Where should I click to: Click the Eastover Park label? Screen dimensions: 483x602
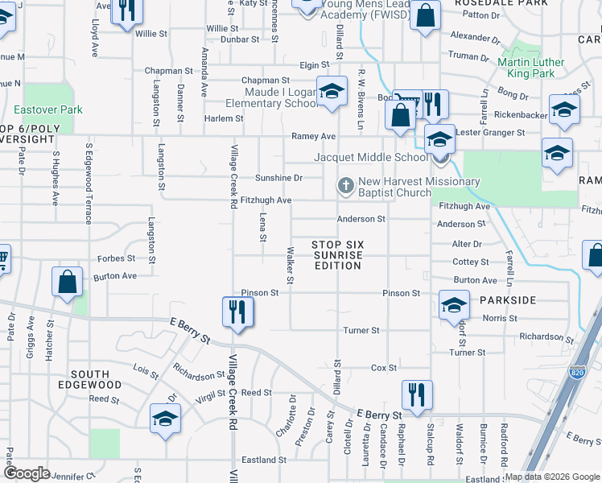[42, 109]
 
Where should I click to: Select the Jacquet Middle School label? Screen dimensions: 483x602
[371, 157]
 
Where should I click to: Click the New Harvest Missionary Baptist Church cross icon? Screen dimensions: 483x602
[346, 187]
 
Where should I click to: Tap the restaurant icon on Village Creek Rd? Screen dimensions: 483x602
[237, 312]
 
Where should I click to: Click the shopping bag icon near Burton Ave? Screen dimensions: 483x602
[68, 283]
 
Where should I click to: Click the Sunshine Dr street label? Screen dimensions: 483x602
[278, 178]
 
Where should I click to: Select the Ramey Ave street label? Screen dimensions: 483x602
[313, 137]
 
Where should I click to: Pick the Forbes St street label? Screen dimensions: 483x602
[116, 258]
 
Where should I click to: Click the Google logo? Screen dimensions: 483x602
[27, 473]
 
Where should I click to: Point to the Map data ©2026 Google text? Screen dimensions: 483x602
[553, 477]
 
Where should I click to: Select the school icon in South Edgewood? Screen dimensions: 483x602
[166, 419]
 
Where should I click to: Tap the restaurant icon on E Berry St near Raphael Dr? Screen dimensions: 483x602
[417, 395]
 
